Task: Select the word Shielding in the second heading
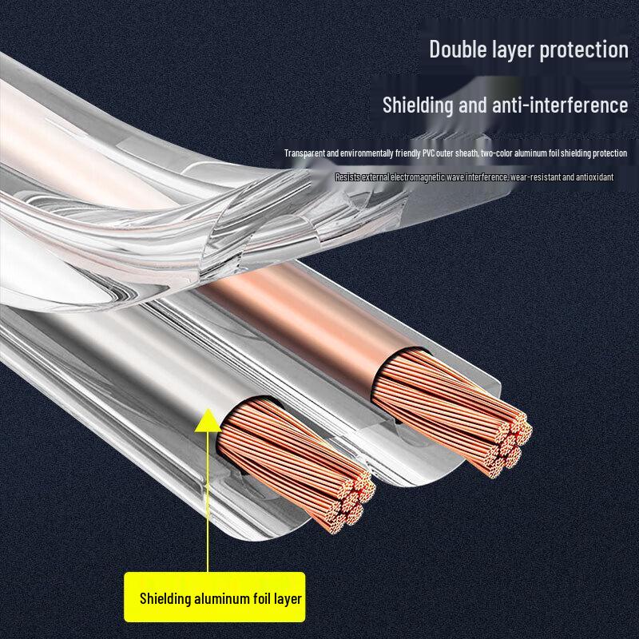coord(418,105)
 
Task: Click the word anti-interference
coord(560,105)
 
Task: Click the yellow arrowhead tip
coord(208,409)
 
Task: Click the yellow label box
coord(214,597)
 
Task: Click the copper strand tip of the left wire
coord(351,506)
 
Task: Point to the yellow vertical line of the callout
coord(208,502)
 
